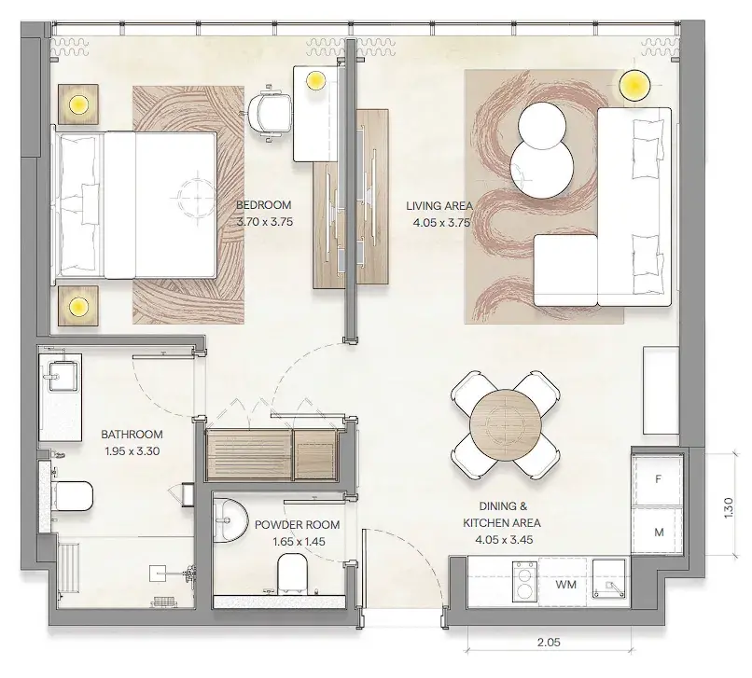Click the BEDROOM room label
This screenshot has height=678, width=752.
(x=264, y=205)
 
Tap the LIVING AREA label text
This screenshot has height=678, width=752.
(x=439, y=206)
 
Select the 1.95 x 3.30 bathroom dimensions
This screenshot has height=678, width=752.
(x=132, y=451)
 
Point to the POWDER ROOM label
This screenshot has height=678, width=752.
(x=298, y=525)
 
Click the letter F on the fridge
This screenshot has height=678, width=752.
(x=659, y=479)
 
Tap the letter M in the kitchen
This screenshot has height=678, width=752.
(x=659, y=533)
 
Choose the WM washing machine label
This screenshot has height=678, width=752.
(x=566, y=585)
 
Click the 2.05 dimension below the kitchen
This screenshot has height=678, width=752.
(x=549, y=642)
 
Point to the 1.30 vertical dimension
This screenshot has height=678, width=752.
(x=729, y=507)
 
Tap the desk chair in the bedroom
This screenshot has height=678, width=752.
(x=269, y=114)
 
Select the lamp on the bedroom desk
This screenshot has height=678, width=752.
(x=315, y=80)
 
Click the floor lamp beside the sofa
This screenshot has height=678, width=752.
(x=634, y=86)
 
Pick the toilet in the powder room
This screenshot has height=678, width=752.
(x=293, y=573)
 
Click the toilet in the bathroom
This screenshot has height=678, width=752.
(x=73, y=496)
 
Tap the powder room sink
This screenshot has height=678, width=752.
(x=229, y=520)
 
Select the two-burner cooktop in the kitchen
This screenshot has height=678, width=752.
(x=524, y=581)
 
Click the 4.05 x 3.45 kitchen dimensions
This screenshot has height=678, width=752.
(x=504, y=540)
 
